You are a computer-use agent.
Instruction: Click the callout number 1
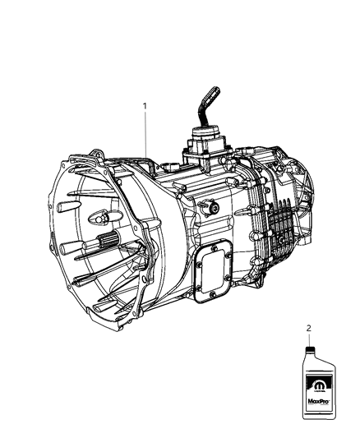coord(146,106)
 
